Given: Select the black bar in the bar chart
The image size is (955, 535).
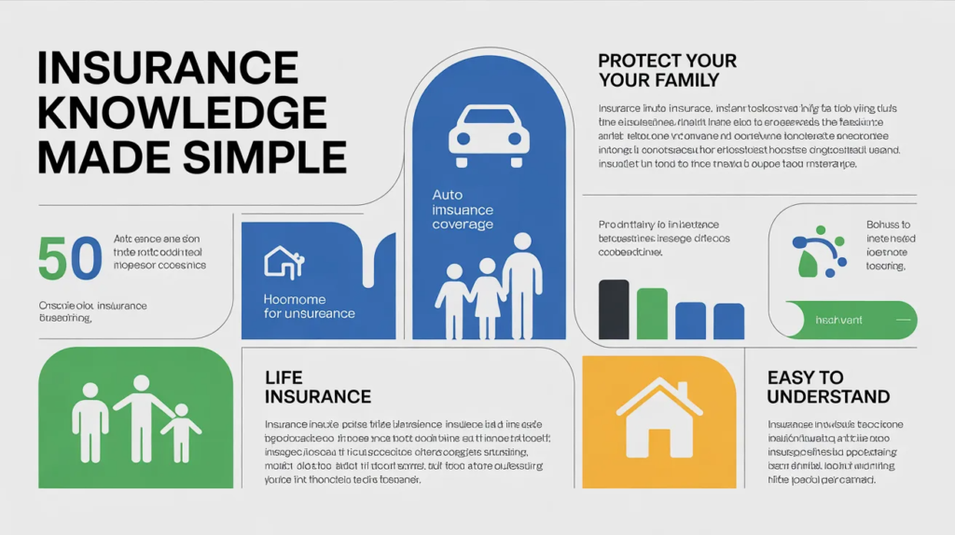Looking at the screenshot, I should coord(613,309).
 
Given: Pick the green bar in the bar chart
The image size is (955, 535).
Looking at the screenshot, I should coord(652,313).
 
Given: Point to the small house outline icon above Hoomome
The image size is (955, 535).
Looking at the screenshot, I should coord(284,261).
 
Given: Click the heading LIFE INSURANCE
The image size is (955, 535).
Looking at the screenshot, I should coord(318,387).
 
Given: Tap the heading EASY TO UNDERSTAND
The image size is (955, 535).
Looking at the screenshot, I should coord(827,387).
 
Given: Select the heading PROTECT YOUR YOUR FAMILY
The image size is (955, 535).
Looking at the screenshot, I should coord(667,70).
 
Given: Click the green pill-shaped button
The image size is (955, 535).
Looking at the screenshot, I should coord(851,320).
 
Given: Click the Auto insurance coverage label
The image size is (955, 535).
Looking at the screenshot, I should coord(463,210).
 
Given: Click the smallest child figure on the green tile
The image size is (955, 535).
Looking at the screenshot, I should coord(181,431).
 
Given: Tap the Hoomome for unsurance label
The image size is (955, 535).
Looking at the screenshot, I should coord(309,306).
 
